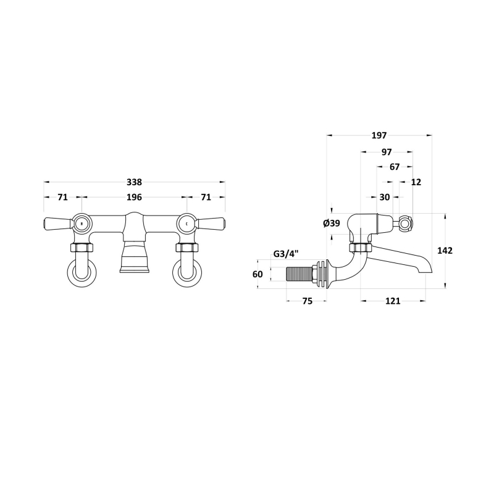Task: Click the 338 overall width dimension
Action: click(x=134, y=182)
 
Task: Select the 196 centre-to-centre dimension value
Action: click(x=134, y=198)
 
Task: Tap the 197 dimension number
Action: click(x=379, y=136)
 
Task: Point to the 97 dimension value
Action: click(x=387, y=152)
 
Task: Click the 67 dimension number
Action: click(x=395, y=167)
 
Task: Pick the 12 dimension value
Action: click(x=416, y=182)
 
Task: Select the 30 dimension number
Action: click(x=384, y=198)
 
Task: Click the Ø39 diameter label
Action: click(x=331, y=224)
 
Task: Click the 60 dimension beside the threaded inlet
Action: click(x=257, y=274)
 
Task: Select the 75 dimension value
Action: click(x=307, y=301)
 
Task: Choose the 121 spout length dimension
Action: click(x=393, y=301)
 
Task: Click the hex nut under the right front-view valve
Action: click(x=186, y=248)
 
